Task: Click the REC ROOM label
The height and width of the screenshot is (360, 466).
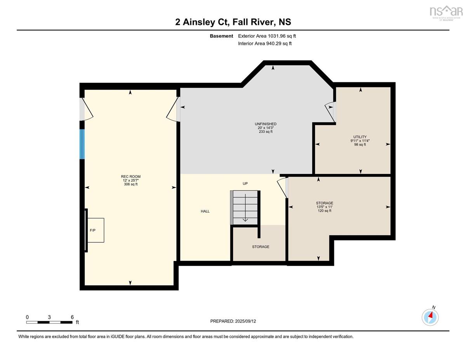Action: pos(130,176)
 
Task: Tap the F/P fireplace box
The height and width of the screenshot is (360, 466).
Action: pos(96,230)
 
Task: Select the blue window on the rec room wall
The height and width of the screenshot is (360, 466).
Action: pos(82,144)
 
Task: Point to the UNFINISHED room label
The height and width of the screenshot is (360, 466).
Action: pos(266,124)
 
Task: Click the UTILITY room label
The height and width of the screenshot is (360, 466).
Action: pos(360,137)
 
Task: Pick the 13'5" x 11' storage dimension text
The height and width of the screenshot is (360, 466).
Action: pos(325,207)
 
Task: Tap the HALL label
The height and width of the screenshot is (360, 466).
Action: pos(205,211)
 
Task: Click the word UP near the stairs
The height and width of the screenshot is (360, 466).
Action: pos(245,184)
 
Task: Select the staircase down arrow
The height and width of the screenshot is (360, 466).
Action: pos(245,208)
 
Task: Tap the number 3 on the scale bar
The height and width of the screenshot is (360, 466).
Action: pos(49,317)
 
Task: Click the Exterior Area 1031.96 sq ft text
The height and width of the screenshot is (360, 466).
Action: pos(267,36)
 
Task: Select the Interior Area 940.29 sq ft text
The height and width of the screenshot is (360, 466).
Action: pos(264,43)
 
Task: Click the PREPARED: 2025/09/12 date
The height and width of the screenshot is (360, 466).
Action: pos(233,321)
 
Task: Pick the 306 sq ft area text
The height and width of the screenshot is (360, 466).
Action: pos(130,184)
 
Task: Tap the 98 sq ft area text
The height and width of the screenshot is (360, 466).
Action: pos(360,144)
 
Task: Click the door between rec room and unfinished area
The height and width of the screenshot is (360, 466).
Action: pos(173,110)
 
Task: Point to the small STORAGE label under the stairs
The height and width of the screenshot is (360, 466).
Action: pos(261,247)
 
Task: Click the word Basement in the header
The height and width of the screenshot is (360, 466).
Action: pos(221,36)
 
